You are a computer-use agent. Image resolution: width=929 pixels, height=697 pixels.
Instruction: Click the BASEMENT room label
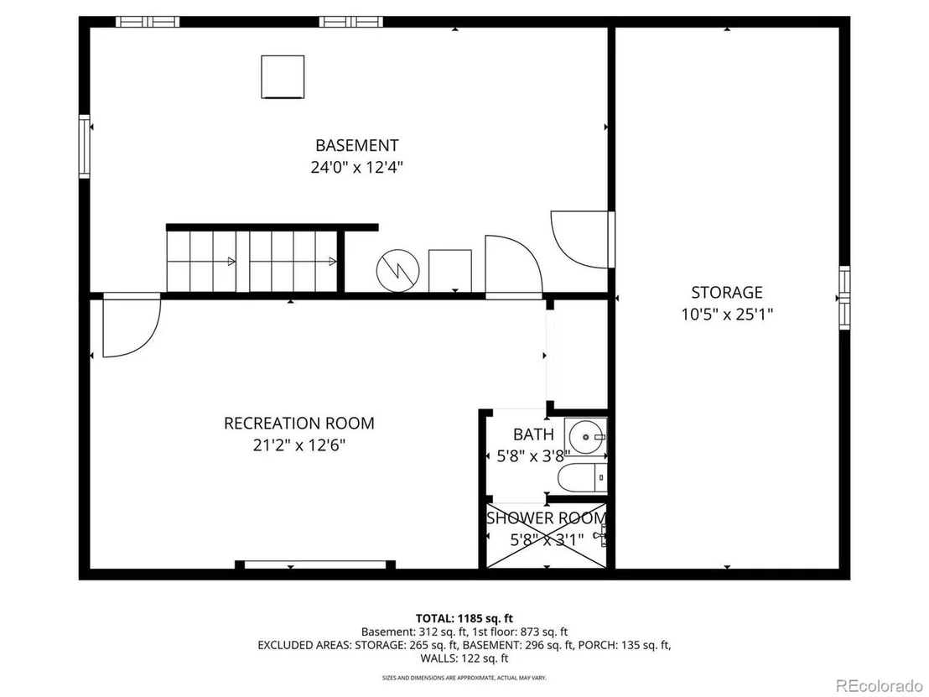[x=356, y=145]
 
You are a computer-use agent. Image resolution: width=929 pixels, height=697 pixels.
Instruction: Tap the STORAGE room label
[x=727, y=292]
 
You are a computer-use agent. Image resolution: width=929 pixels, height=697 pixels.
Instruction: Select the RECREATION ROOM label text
[x=299, y=424]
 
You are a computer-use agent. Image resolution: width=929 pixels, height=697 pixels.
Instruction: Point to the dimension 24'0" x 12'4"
[x=356, y=167]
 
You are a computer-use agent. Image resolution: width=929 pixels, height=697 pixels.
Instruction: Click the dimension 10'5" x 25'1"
[x=727, y=315]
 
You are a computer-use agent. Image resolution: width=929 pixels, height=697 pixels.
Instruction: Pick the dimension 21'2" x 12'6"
[x=299, y=445]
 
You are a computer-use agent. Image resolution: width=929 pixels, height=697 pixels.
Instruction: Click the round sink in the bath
[x=585, y=437]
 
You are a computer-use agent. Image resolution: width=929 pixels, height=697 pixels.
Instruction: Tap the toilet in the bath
[x=583, y=478]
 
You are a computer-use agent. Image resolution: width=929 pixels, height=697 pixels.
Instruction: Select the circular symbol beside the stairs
[x=398, y=270]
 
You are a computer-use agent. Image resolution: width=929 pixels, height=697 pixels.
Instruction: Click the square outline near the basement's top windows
[x=283, y=77]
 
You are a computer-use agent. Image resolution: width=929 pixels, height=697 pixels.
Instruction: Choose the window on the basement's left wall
[x=84, y=147]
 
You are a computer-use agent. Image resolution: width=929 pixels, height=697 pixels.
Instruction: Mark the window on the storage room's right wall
[x=844, y=298]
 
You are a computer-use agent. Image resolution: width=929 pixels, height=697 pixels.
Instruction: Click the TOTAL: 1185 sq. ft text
[x=464, y=619]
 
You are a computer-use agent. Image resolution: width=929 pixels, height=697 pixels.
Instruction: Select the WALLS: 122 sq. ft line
[x=464, y=658]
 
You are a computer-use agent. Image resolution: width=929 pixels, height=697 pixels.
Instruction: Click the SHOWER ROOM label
[x=546, y=518]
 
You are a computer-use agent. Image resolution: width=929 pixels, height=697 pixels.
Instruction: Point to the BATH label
[x=534, y=434]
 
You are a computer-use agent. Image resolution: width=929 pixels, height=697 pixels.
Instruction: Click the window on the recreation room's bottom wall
[x=315, y=564]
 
